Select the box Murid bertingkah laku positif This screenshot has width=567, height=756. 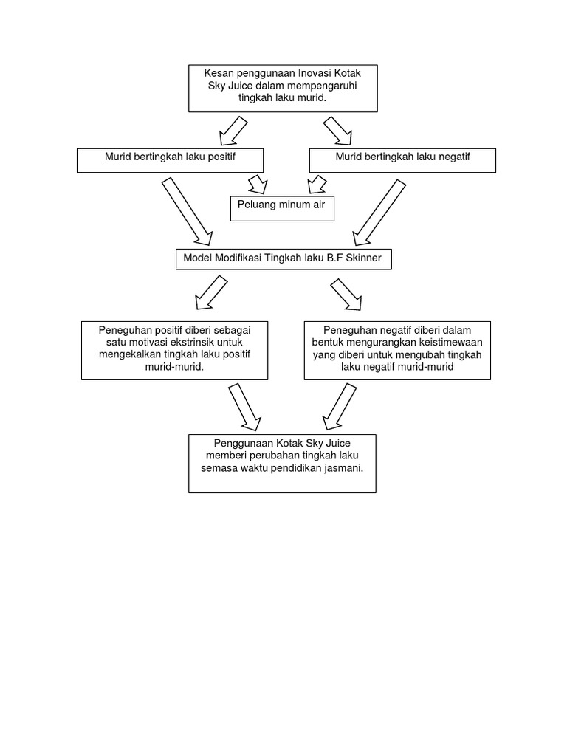click(171, 160)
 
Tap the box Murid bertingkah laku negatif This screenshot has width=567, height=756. click(402, 160)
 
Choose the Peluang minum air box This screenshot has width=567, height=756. click(282, 207)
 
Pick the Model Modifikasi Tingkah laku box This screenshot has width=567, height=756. click(282, 259)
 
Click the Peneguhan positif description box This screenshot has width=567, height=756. click(174, 350)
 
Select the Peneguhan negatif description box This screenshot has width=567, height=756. click(397, 350)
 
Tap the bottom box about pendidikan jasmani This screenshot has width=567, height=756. click(282, 463)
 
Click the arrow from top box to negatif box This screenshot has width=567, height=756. click(338, 131)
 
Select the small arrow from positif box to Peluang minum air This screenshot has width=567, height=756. click(256, 183)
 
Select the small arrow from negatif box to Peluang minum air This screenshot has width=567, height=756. click(313, 183)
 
